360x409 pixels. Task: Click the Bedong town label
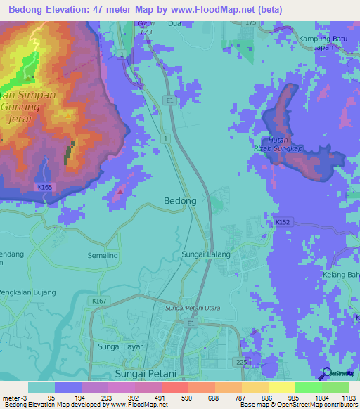pos(180,201)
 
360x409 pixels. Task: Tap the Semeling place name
pos(103,256)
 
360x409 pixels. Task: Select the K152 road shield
pos(282,222)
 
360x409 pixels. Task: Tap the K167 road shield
pos(98,301)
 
